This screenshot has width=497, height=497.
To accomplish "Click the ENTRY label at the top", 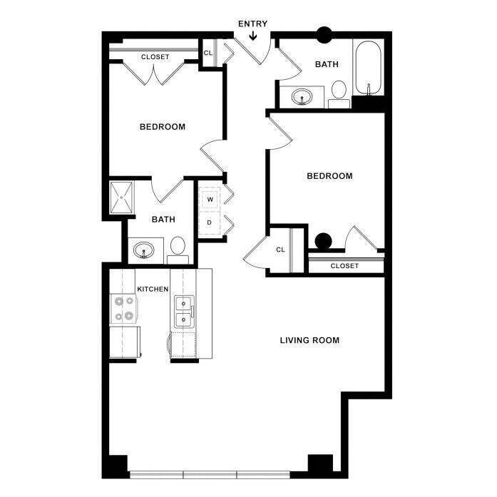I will tap(253, 24).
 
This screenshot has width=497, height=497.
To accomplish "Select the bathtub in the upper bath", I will tap(368, 69).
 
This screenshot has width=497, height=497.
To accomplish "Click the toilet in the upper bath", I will tap(338, 92).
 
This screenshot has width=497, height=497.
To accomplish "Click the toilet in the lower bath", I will tap(178, 247).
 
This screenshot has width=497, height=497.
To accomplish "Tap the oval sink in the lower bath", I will tap(145, 251).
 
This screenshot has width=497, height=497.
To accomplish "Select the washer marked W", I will tap(210, 200).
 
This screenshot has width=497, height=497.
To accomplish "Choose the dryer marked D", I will tap(210, 223).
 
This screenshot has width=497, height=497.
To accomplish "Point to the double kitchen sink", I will tap(183, 312).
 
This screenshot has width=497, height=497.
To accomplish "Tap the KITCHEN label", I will tap(153, 289).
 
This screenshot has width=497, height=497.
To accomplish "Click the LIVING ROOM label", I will tap(309, 340).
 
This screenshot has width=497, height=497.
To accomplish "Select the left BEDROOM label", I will tap(162, 127).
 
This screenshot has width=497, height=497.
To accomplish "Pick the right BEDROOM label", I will tap(329, 176).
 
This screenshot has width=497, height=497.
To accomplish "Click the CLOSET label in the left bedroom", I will tap(155, 56).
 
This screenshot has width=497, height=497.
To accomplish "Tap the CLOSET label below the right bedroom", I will tap(344, 266).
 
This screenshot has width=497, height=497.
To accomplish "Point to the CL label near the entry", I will tap(208, 53).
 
